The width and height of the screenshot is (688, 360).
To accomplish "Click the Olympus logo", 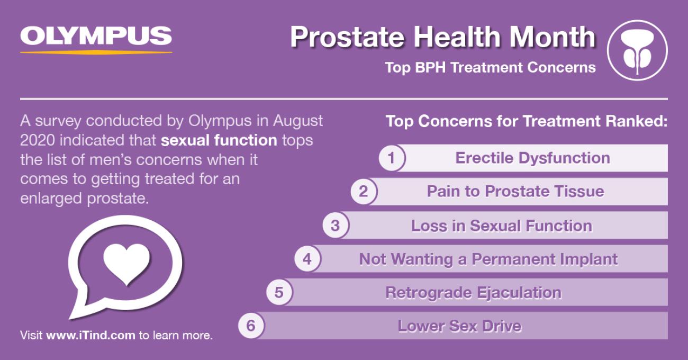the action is click(96, 39).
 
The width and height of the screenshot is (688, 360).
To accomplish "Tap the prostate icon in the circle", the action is click(637, 51).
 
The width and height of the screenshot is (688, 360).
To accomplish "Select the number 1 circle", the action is click(392, 158).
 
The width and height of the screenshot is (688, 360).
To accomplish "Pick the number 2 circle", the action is click(364, 191).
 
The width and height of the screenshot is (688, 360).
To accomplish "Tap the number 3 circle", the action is click(336, 225).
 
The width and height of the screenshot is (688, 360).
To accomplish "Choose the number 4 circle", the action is click(307, 259).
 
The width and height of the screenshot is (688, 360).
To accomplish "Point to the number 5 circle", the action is click(279, 292).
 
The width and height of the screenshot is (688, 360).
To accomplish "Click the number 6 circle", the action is click(251, 326).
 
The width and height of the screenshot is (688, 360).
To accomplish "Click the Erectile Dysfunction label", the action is click(532, 158).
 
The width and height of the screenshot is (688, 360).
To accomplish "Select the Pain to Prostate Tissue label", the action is click(515, 191).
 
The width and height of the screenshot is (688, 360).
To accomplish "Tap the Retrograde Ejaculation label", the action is click(473, 292).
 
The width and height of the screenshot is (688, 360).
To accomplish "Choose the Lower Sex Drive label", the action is click(459, 326).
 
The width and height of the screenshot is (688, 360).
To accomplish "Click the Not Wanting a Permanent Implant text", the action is click(488, 259).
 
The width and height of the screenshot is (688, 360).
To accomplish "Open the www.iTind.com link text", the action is click(90, 335).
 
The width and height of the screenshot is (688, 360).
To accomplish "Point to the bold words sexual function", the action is click(219, 140).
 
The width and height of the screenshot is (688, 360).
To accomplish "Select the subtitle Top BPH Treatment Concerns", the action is click(491, 68).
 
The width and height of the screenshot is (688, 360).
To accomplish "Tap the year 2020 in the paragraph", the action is click(37, 140).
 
